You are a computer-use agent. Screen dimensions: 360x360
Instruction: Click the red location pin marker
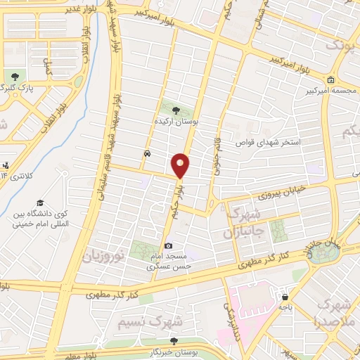pyautogui.click(x=180, y=165)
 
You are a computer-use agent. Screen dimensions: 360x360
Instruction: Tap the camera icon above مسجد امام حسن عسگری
pyautogui.click(x=168, y=245)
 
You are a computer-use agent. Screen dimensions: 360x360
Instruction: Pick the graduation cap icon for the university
pyautogui.click(x=40, y=202)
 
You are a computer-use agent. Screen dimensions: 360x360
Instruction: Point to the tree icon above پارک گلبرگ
pyautogui.click(x=13, y=76)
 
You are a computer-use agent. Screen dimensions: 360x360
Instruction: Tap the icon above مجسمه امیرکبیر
pyautogui.click(x=330, y=79)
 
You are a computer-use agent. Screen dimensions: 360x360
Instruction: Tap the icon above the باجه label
pyautogui.click(x=284, y=296)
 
